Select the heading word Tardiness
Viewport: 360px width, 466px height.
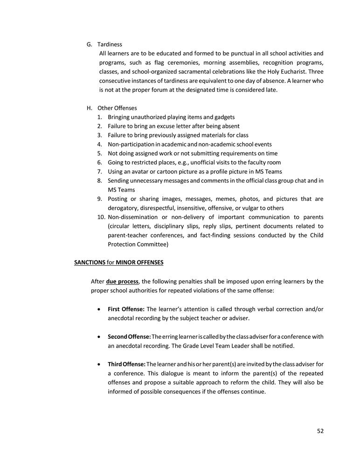click(x=110, y=44)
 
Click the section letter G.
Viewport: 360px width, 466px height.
click(x=89, y=44)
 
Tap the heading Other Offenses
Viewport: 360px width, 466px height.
click(x=117, y=108)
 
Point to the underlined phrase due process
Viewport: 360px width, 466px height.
click(x=122, y=281)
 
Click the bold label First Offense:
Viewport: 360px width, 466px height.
click(x=126, y=309)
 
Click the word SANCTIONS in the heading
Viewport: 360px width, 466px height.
click(x=90, y=262)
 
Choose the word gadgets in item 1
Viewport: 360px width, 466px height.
click(x=224, y=117)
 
